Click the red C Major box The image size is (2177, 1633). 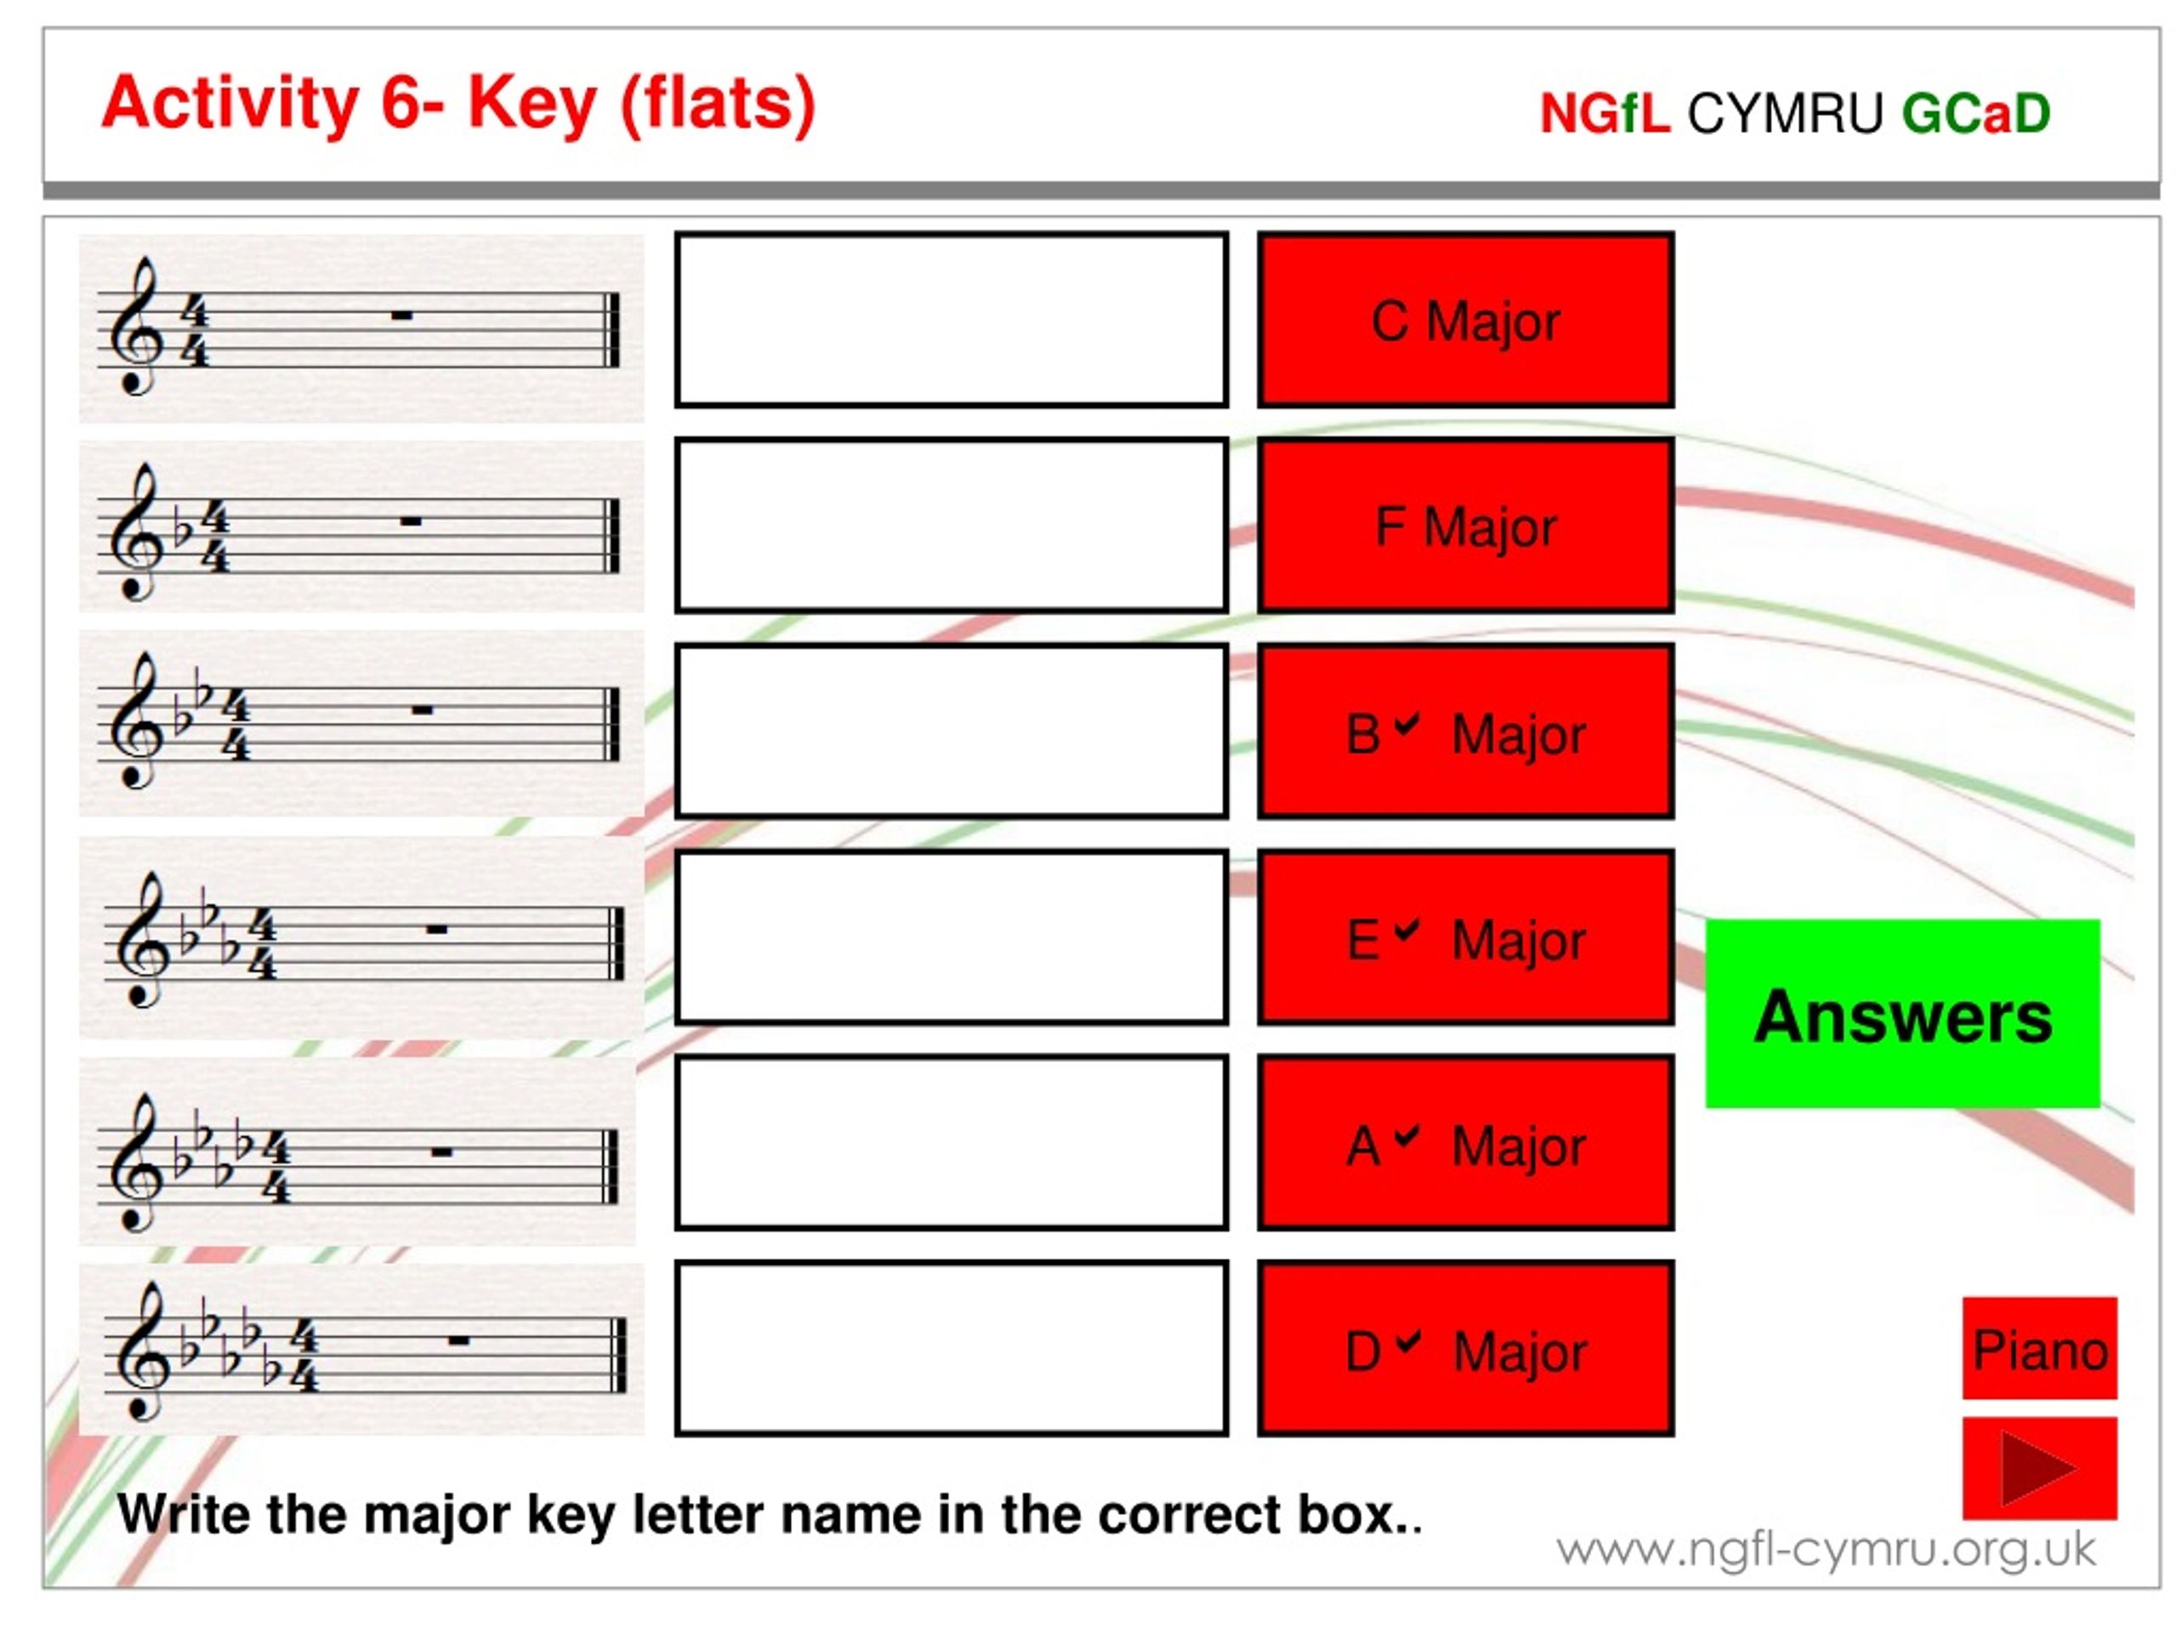1465,320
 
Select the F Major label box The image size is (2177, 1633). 1465,526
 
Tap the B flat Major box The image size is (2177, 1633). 1465,731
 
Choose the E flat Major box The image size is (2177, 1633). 1465,937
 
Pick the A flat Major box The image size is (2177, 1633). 1465,1143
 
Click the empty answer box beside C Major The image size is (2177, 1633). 952,320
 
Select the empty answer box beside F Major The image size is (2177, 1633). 952,526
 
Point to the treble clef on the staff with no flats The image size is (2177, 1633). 136,327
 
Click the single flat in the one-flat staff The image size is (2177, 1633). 182,532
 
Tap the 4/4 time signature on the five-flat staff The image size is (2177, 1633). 304,1357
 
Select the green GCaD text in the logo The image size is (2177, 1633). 1976,113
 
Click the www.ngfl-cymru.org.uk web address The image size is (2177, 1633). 1826,1551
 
